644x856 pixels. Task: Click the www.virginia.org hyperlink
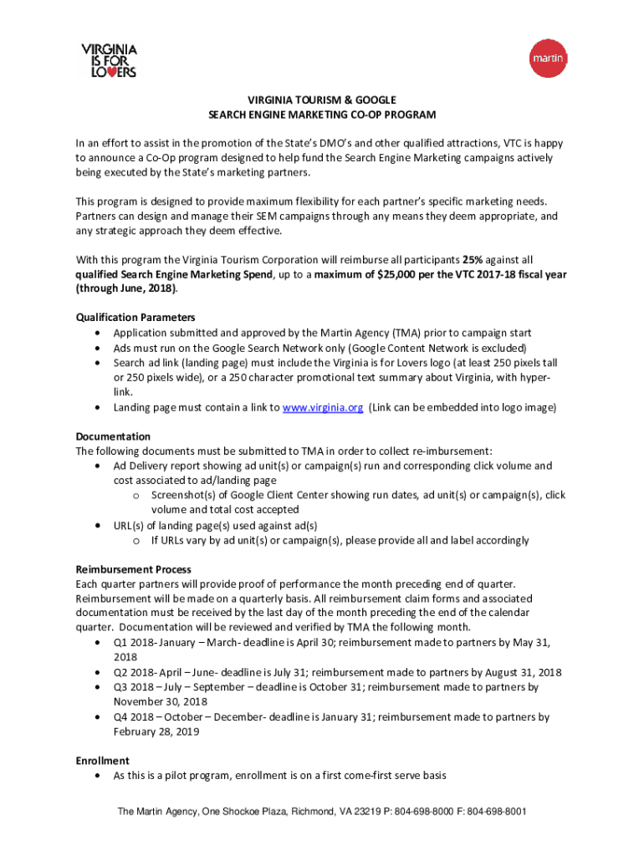pos(322,407)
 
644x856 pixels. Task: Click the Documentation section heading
pos(113,436)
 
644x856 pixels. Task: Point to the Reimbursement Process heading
pos(133,569)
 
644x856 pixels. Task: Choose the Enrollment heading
pos(102,761)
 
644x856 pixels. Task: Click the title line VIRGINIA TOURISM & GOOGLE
pos(322,99)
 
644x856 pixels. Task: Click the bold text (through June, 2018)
pos(127,288)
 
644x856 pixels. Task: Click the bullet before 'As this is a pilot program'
pos(100,776)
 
